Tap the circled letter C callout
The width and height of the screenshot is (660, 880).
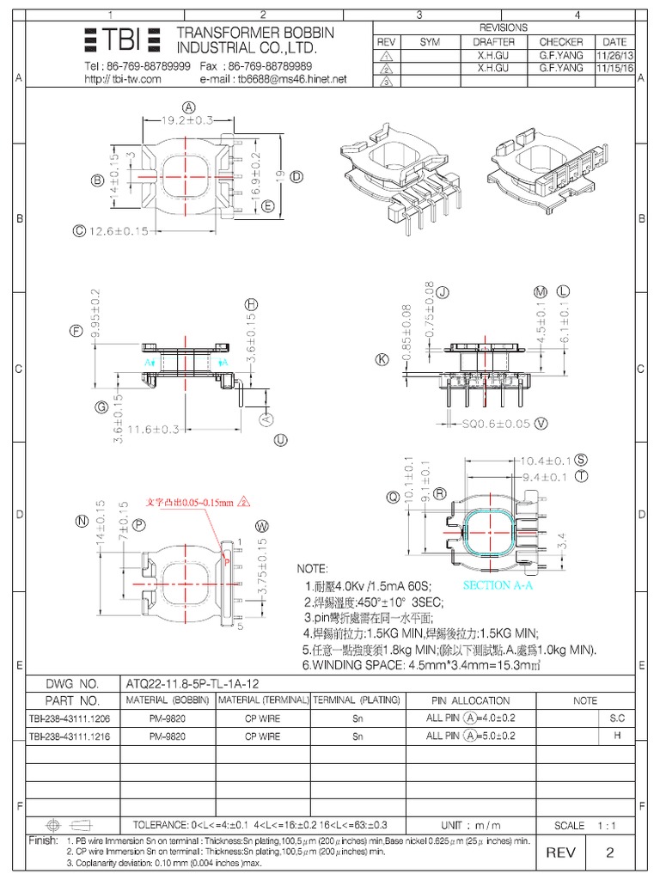[x=80, y=230]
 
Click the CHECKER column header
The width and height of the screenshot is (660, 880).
[x=560, y=41]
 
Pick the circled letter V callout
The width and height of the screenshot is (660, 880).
[x=541, y=423]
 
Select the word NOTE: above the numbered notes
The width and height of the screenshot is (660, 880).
[x=313, y=569]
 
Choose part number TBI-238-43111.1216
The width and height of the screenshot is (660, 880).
[x=69, y=736]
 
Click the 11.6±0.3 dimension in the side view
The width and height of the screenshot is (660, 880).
[x=154, y=427]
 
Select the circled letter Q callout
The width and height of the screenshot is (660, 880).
[x=394, y=496]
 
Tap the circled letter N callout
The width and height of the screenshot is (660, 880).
[x=82, y=520]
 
